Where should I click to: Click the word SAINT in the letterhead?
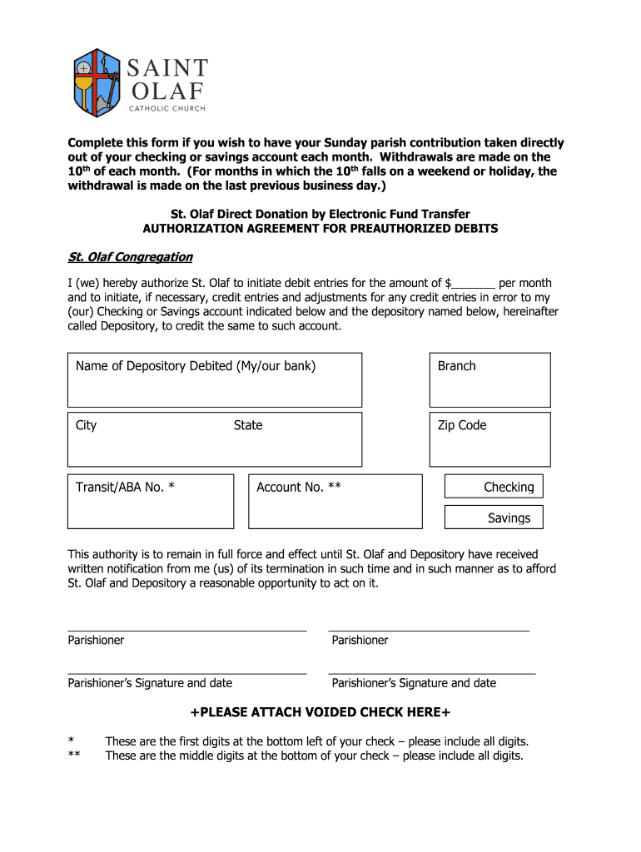click(x=167, y=67)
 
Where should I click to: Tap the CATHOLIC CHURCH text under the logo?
click(x=166, y=108)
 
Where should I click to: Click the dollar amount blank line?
click(x=475, y=285)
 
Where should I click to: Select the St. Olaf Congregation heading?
click(x=130, y=256)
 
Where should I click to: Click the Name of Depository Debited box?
click(x=215, y=380)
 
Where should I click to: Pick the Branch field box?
click(x=489, y=380)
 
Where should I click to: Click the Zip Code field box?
click(x=489, y=438)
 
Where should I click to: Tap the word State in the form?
click(x=248, y=425)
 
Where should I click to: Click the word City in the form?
click(x=87, y=425)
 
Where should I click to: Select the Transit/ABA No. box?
click(x=151, y=501)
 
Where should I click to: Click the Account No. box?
click(x=335, y=501)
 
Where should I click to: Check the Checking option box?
click(x=494, y=487)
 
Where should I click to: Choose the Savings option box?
click(x=494, y=518)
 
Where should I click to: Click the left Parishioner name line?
click(x=187, y=630)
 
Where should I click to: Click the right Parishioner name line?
click(x=430, y=630)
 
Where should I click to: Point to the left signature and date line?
click(x=187, y=672)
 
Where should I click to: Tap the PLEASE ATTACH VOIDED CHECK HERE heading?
click(x=320, y=712)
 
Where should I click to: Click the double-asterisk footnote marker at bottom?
click(x=73, y=755)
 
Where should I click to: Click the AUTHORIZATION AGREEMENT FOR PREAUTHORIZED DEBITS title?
click(x=320, y=228)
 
